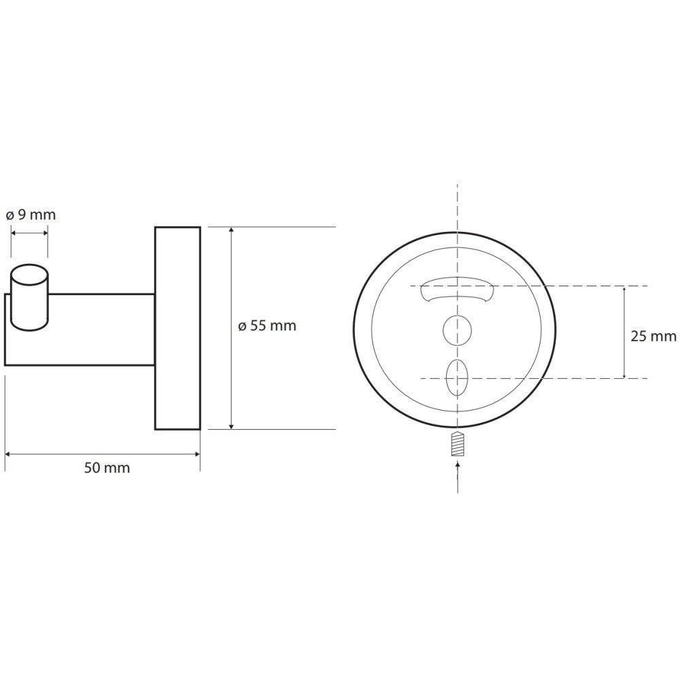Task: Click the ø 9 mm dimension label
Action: tap(31, 215)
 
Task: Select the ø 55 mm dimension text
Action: tap(267, 325)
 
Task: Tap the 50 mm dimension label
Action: tap(107, 468)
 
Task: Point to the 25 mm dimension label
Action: tap(653, 336)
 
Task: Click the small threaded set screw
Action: tap(458, 443)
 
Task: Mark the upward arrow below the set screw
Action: tap(458, 477)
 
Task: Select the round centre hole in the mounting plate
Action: tap(457, 331)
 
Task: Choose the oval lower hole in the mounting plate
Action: tap(457, 377)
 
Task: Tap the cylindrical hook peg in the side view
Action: tap(29, 298)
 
